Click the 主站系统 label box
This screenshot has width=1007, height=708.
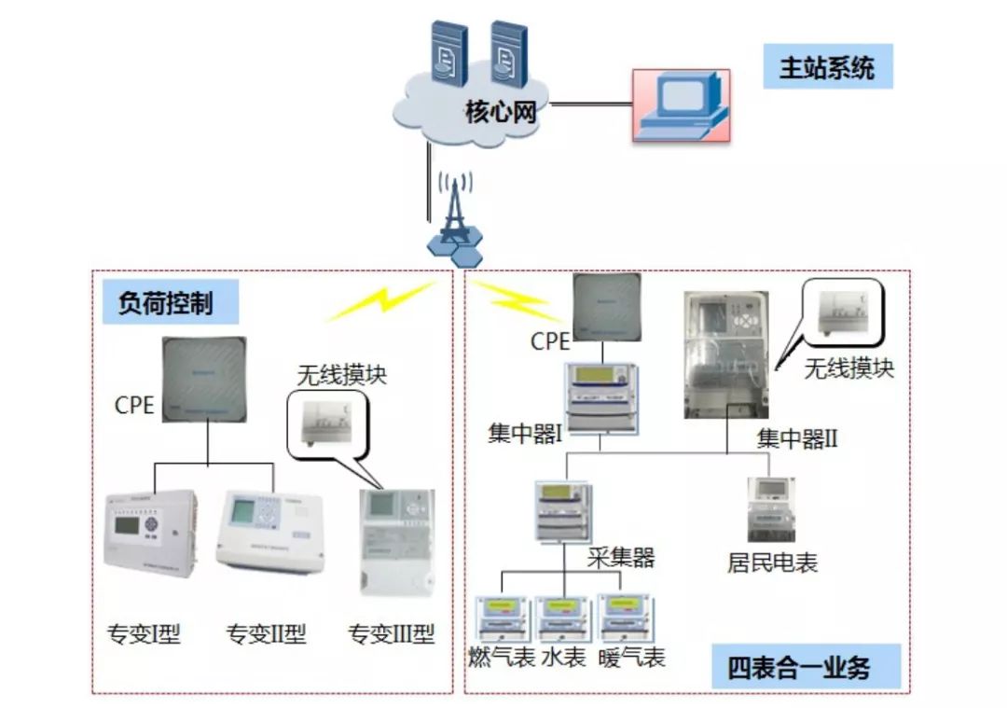(827, 68)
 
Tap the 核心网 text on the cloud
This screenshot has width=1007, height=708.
(502, 114)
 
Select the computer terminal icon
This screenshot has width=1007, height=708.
(681, 104)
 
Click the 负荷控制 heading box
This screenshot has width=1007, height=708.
(166, 304)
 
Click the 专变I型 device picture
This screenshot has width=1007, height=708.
(150, 534)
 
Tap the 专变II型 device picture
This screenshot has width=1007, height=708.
(269, 530)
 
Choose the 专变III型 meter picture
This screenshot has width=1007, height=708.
(396, 543)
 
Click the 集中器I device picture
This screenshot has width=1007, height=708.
(602, 396)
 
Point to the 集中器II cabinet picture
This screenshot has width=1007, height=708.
(727, 354)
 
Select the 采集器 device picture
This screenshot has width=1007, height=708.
(563, 510)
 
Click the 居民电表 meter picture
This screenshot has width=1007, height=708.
(769, 509)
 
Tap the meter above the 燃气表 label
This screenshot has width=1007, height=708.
(502, 617)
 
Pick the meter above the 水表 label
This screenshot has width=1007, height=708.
(564, 617)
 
